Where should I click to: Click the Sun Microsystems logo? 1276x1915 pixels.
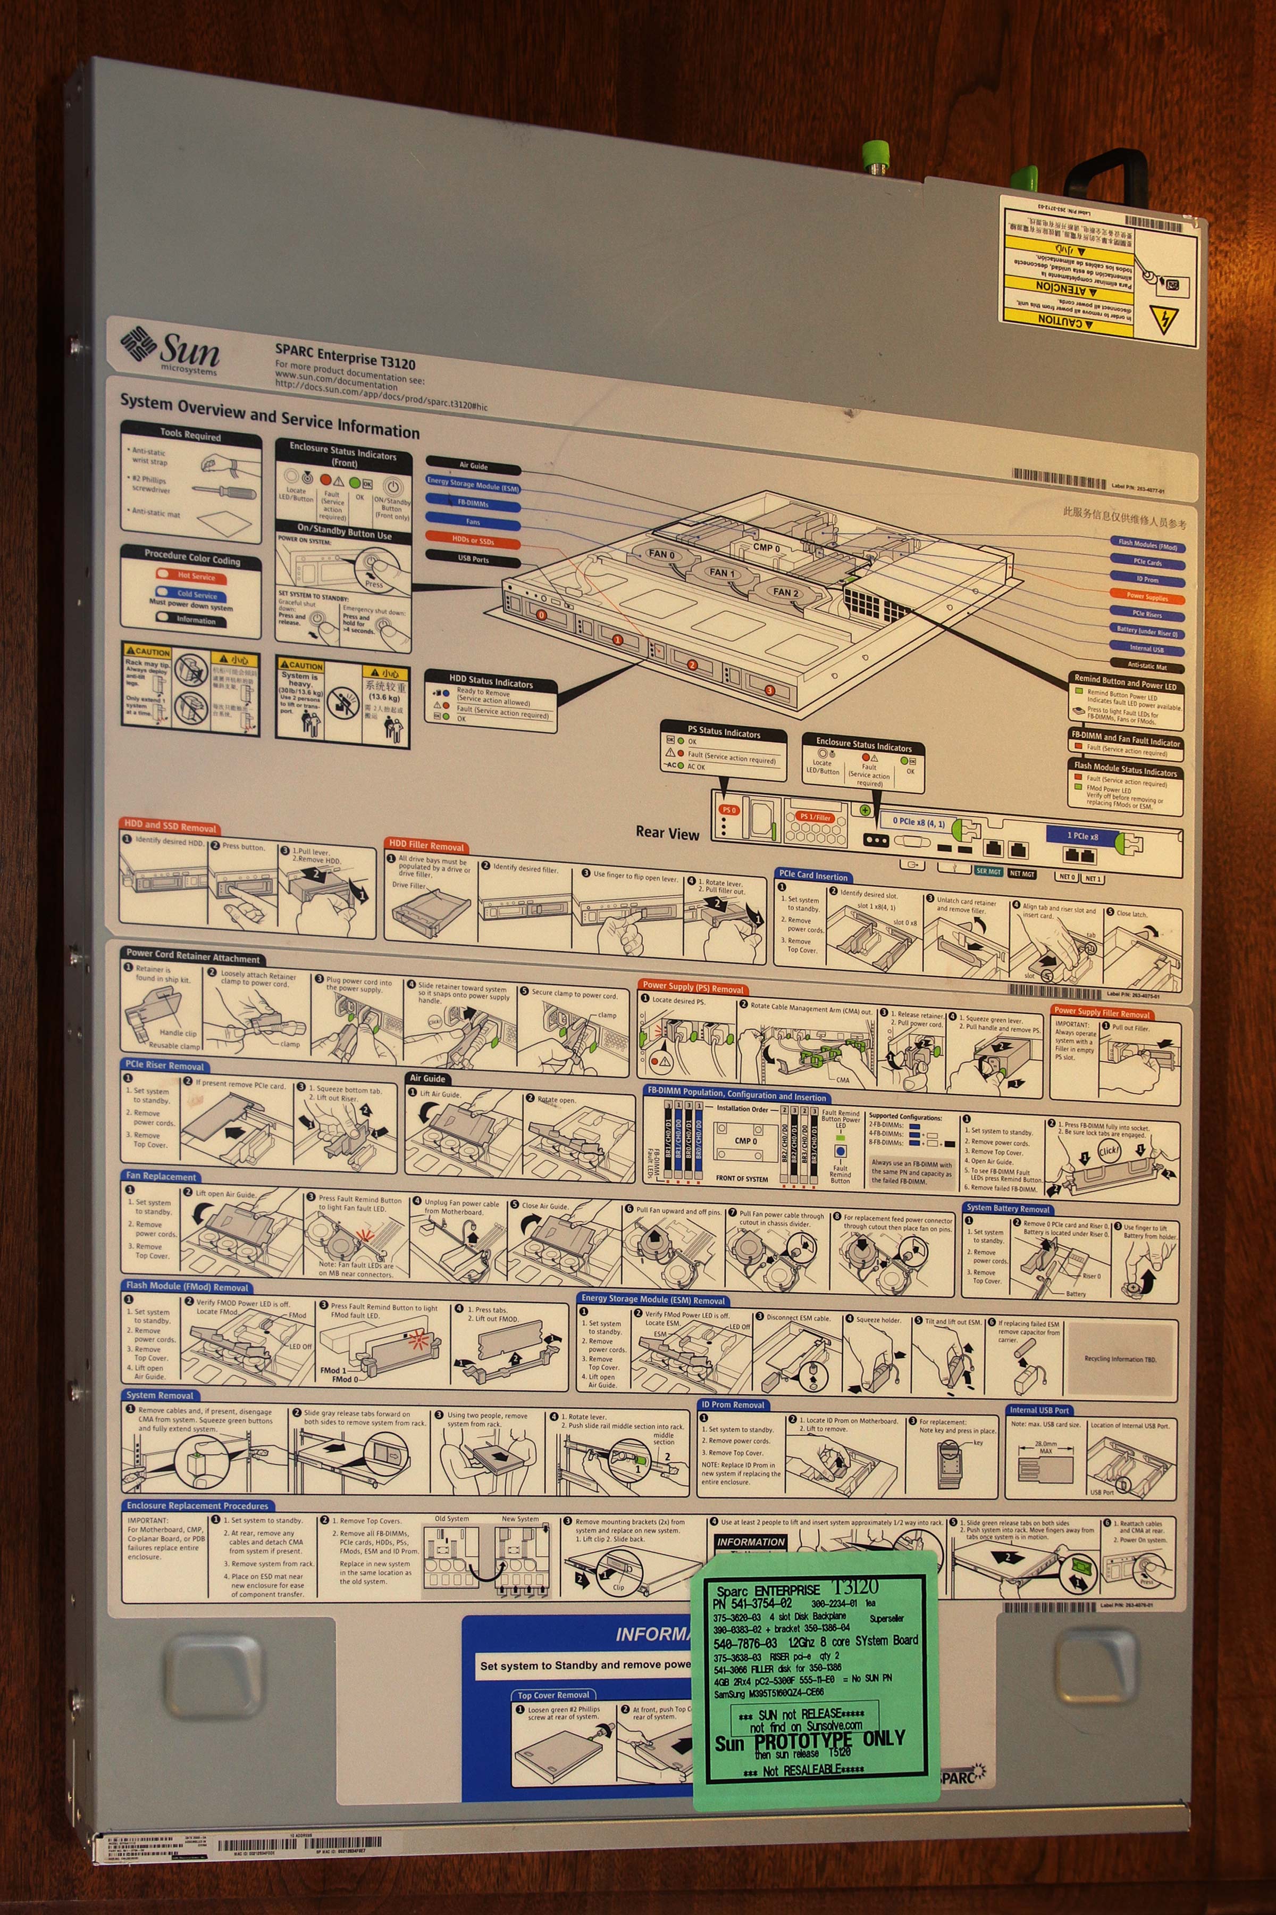[x=170, y=350]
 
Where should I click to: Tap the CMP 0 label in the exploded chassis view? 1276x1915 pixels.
[x=766, y=547]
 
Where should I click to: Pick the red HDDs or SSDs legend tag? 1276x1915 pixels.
[x=473, y=540]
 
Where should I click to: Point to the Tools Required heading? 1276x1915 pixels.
[x=190, y=435]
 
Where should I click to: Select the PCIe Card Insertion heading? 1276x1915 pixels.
[x=813, y=875]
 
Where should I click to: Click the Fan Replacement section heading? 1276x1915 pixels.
[x=161, y=1176]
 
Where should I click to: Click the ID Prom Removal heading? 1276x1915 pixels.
[x=733, y=1404]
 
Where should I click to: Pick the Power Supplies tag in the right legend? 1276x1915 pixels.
[x=1147, y=596]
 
